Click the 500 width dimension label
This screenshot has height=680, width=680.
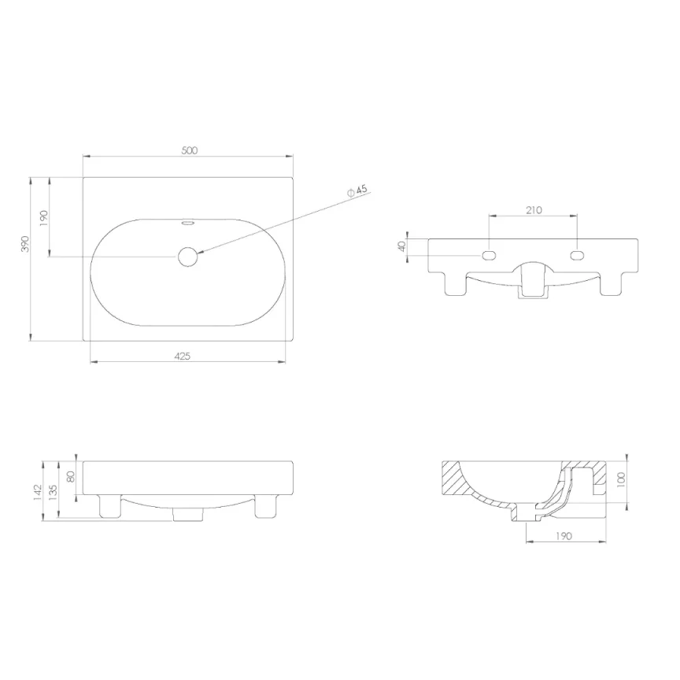(189, 150)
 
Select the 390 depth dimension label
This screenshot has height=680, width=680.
(25, 244)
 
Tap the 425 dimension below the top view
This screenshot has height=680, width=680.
(182, 356)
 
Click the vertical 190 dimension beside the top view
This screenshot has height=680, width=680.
(44, 217)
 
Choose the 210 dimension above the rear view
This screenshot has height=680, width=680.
(533, 210)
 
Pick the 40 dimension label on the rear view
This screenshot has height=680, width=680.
(401, 245)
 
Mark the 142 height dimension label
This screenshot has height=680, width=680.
(38, 493)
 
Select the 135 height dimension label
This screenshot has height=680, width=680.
(53, 491)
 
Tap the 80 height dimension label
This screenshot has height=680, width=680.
(70, 477)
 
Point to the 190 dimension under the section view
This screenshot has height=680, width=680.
(564, 536)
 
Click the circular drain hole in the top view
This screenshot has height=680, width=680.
(187, 257)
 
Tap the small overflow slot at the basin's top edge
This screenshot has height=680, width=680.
(187, 223)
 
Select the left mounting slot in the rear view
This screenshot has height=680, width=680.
(489, 255)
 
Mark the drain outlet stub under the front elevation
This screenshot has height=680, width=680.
(187, 514)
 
